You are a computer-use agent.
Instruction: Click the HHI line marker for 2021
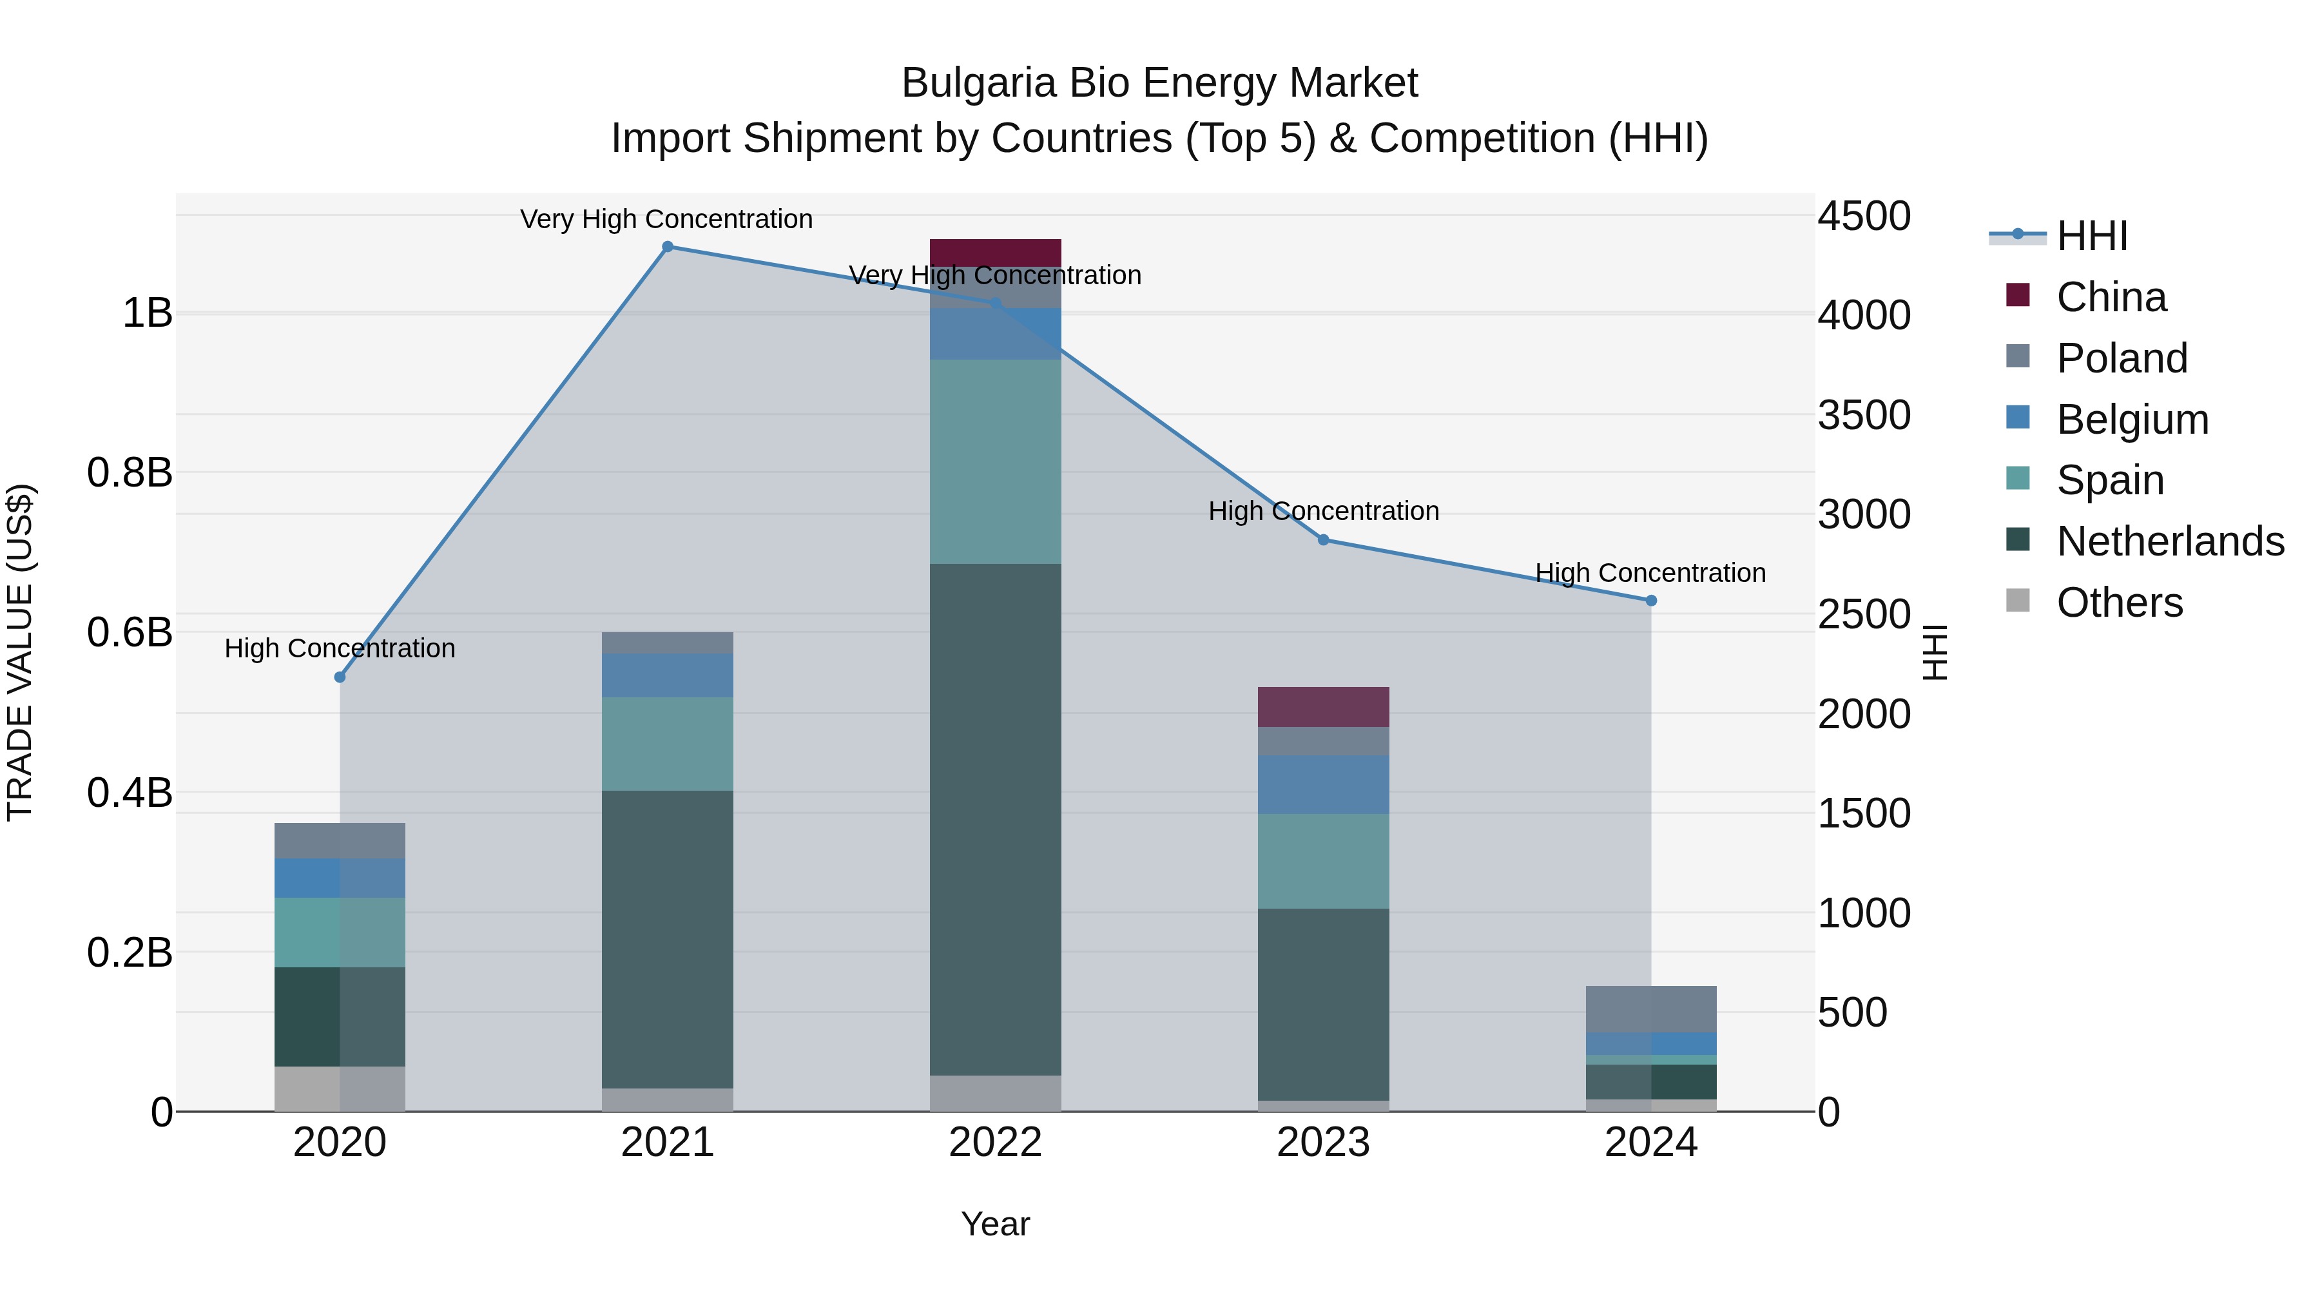point(668,247)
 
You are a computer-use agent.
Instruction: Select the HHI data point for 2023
point(1323,539)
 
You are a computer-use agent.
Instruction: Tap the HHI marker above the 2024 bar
point(1651,601)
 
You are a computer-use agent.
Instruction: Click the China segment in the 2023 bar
point(1323,707)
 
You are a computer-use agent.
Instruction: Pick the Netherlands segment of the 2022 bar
point(995,820)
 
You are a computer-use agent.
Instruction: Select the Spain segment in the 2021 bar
point(668,744)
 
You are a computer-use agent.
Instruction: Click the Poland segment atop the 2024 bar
point(1651,1009)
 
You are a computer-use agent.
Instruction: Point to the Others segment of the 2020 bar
point(340,1089)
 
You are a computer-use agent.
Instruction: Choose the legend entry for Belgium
point(2132,420)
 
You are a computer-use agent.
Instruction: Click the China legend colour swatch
point(2018,295)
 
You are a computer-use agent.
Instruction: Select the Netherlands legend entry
point(2170,541)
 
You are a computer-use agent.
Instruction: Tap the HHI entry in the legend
point(2091,236)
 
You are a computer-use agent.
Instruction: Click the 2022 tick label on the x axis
point(995,1143)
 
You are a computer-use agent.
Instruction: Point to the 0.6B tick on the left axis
point(130,632)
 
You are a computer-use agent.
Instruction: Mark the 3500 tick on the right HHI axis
point(1863,415)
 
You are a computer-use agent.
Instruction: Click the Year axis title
point(995,1224)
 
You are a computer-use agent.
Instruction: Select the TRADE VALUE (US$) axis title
point(21,652)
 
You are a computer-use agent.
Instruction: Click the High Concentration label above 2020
point(340,648)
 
